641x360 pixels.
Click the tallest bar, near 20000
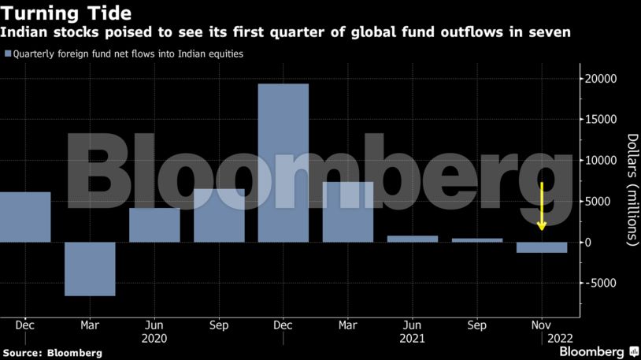click(283, 162)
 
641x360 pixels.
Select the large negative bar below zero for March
click(90, 269)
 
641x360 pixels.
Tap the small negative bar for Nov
click(542, 247)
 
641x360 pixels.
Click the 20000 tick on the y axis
click(598, 79)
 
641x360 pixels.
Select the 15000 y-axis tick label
click(598, 120)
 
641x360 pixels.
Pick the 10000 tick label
click(598, 161)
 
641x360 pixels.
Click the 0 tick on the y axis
click(587, 243)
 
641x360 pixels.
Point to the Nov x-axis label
click(542, 325)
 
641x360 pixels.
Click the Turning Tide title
click(65, 13)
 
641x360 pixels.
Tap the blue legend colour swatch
click(8, 54)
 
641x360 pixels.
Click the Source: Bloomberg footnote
click(52, 353)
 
